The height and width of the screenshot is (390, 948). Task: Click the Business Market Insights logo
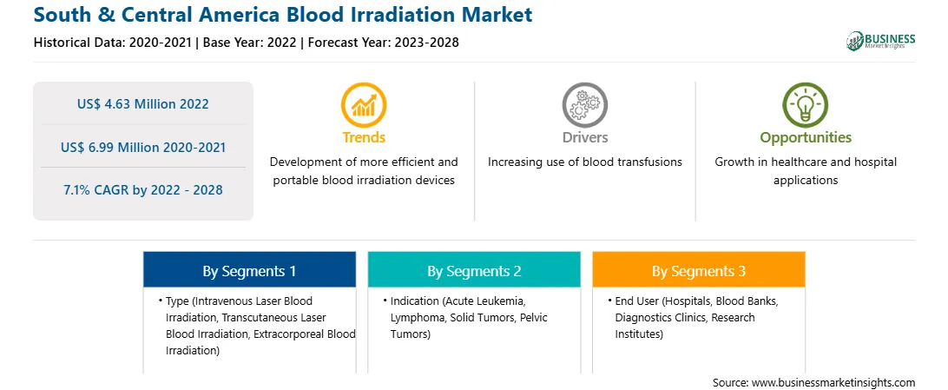(880, 41)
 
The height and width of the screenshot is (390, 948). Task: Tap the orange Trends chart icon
(364, 104)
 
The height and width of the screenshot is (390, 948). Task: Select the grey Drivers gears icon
(584, 104)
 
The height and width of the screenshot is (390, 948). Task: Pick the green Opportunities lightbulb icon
(806, 104)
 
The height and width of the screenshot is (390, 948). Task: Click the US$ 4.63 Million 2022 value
(142, 104)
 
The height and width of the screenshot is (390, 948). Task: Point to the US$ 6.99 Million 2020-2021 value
(142, 147)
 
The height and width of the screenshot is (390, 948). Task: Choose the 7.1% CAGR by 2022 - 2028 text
(142, 190)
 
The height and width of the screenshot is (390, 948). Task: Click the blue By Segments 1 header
(250, 269)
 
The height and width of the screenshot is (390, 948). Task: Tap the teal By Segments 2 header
(474, 269)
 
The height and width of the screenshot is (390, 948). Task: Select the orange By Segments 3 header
(699, 269)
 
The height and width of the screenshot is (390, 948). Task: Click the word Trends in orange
(364, 137)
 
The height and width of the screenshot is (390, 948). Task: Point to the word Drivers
(584, 137)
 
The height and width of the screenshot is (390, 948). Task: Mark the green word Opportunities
(806, 137)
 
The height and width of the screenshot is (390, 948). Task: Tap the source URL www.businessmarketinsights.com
(833, 382)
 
